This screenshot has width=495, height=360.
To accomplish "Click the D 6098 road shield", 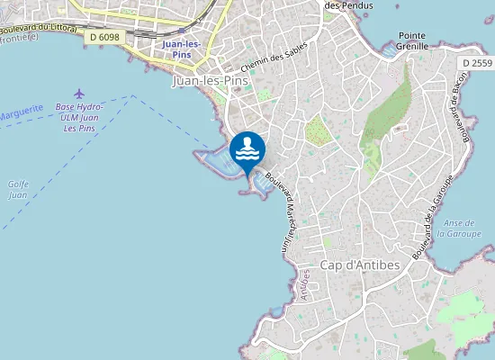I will pos(105,38).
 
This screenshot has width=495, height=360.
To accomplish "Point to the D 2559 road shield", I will pos(475,63).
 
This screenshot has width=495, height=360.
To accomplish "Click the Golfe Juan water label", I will pos(18,189).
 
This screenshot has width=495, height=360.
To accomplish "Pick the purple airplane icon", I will pos(80,94).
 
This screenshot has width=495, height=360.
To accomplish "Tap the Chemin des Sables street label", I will pos(274,58).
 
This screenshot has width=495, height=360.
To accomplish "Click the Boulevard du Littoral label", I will pos(40,31).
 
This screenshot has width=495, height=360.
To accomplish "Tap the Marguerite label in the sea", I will pos(20,108).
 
